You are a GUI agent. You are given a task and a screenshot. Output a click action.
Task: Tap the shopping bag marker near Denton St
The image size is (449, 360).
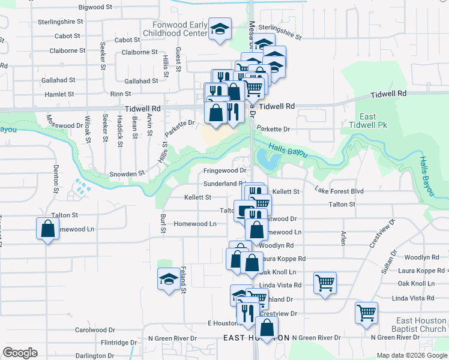click(47, 229)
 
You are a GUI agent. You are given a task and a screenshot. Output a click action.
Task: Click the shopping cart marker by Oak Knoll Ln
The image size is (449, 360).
click(325, 283)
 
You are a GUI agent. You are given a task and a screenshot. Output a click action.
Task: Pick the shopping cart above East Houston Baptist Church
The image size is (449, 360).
click(366, 313)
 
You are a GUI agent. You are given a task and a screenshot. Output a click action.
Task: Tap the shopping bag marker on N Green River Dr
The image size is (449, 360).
click(267, 328)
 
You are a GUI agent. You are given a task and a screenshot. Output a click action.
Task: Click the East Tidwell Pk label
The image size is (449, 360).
click(368, 121)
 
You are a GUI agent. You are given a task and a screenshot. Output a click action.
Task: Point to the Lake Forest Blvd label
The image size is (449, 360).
click(339, 191)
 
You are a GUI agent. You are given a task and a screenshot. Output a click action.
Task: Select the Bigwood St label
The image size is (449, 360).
click(95, 8)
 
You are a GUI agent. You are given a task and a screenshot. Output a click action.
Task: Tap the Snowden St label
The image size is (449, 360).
click(127, 173)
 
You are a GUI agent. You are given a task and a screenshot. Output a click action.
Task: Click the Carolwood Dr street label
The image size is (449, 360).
click(95, 330)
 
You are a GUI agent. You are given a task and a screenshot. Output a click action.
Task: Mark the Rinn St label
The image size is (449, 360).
click(120, 94)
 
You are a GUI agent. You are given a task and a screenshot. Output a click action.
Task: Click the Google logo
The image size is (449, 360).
click(20, 353)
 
